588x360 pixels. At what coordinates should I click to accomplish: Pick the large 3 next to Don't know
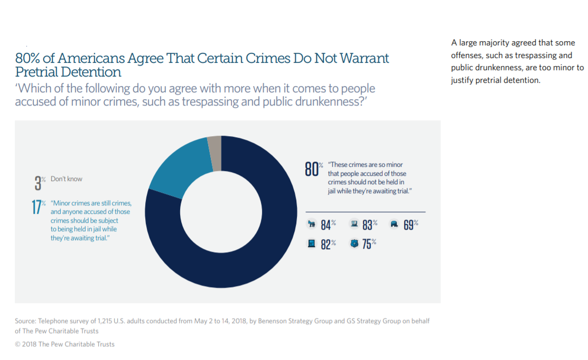coord(38,183)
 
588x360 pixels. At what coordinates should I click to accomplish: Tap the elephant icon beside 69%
coord(394,224)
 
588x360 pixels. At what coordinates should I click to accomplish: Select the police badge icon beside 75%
coord(354,244)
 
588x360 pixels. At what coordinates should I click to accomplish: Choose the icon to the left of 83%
coord(353,224)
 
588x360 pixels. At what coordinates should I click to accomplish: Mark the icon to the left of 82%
coord(311,244)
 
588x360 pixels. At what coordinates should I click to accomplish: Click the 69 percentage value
coord(408,224)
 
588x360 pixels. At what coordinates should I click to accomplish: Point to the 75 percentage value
coord(367,244)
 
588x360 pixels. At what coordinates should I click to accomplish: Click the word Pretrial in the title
coord(38,71)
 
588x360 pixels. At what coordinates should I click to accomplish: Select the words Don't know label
coord(67,179)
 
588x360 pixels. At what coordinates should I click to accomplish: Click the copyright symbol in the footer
coord(18,344)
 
